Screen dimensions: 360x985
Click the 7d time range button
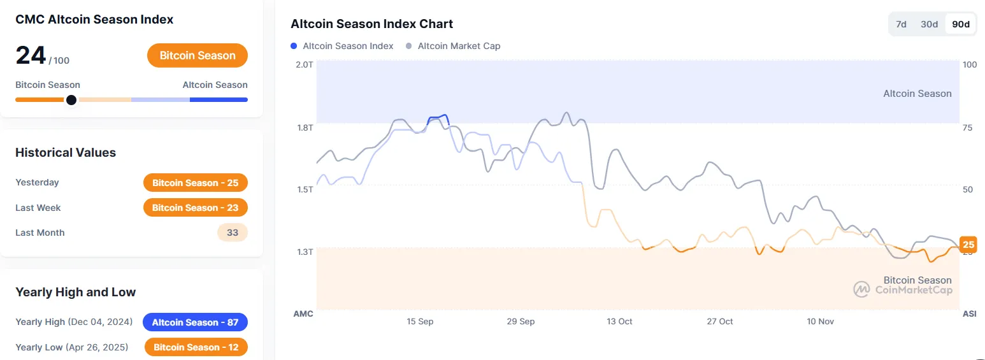click(901, 24)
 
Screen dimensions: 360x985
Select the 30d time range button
click(929, 24)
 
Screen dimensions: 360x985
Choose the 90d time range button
click(960, 24)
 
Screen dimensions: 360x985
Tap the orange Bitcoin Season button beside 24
click(198, 55)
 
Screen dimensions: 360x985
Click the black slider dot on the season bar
click(71, 99)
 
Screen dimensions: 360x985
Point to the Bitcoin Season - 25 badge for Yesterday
click(195, 183)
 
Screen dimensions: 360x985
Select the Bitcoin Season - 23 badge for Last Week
click(195, 208)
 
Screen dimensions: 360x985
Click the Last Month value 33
click(233, 233)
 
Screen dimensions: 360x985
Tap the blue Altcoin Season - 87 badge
click(195, 322)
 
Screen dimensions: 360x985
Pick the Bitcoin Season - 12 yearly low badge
click(196, 347)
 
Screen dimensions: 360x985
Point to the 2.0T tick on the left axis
click(305, 64)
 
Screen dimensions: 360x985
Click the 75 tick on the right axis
click(967, 127)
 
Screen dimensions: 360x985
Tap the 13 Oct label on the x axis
click(619, 322)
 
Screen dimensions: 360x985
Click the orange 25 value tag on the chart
click(968, 245)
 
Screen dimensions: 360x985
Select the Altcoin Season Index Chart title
click(371, 24)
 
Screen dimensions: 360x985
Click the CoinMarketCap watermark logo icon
click(862, 289)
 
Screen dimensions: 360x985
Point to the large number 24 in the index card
click(31, 55)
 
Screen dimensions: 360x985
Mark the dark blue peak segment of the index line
click(438, 117)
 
